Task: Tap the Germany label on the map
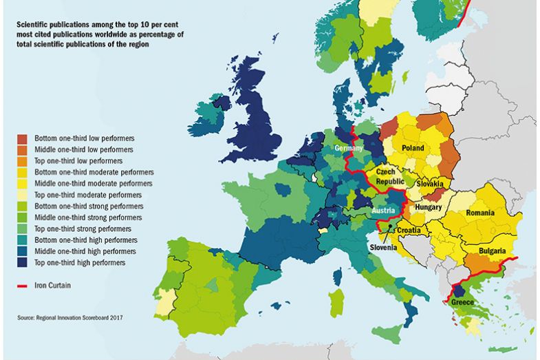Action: point(349,149)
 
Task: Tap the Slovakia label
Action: point(429,184)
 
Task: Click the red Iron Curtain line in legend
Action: point(23,284)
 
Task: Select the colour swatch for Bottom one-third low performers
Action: point(23,138)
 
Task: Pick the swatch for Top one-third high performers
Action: point(23,262)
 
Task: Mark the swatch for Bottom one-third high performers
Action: point(23,240)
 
